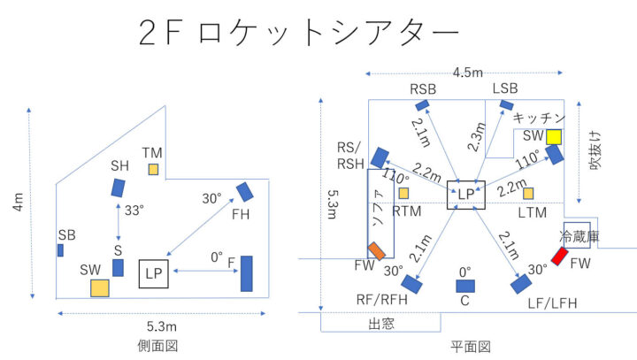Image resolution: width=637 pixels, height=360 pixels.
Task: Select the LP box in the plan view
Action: pos(466,194)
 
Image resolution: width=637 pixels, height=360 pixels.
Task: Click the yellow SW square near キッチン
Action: pos(555,136)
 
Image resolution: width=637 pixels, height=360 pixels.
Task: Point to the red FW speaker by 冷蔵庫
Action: pos(559,257)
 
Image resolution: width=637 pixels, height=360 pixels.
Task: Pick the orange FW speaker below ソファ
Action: pos(378,250)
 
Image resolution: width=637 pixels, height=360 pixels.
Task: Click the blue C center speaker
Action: pos(464,286)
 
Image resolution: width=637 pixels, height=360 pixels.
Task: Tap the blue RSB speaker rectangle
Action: pos(421,105)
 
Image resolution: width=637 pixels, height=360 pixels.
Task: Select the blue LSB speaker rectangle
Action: pos(507,105)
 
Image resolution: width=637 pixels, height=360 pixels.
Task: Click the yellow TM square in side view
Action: pos(154,169)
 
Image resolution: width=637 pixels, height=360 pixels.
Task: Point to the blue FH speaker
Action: pos(245,191)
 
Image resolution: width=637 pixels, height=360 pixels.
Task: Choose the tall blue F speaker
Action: pos(246,273)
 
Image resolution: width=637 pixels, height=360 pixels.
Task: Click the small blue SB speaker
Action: pos(60,250)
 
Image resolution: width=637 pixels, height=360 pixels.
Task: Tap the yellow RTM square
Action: pos(403,193)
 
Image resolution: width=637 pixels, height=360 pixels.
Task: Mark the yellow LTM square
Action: pos(528,193)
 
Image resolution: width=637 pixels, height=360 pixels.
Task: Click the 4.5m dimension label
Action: pos(467,72)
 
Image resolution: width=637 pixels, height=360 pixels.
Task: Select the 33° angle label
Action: pos(133,211)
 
